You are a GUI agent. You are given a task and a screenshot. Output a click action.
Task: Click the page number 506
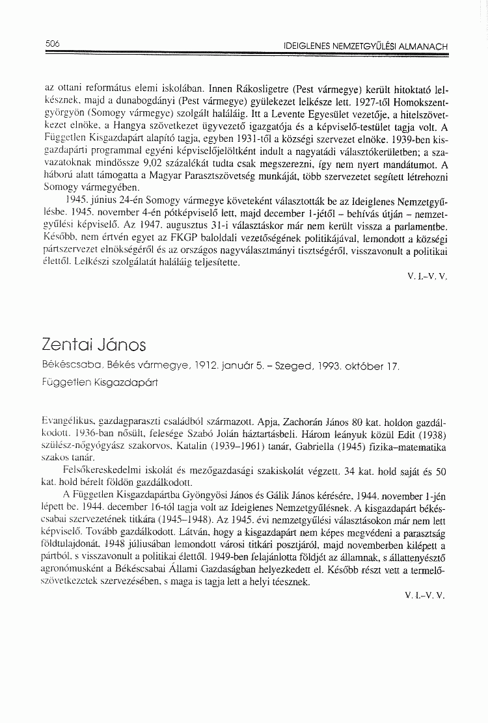pos(53,44)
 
